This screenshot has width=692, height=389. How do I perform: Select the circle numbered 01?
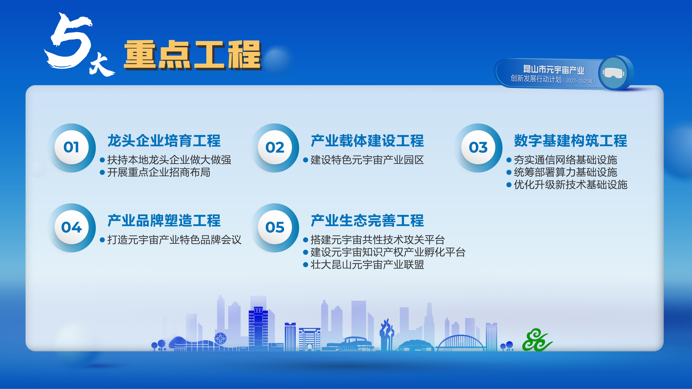[x=71, y=147]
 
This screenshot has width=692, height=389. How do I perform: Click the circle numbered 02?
[x=275, y=147]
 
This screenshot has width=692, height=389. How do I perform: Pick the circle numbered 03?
[x=478, y=147]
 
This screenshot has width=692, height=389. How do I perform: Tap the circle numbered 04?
[x=71, y=227]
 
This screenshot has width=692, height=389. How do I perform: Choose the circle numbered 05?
[x=275, y=227]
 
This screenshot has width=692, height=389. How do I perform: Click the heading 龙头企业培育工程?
[x=164, y=141]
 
